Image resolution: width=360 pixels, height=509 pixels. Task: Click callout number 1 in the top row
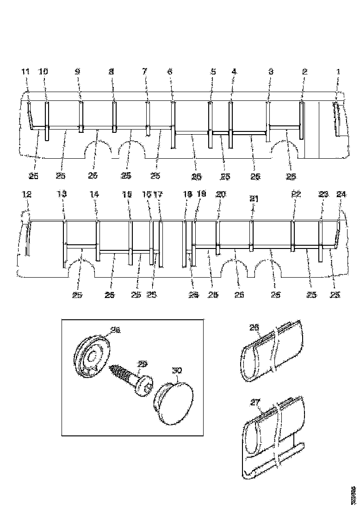pyautogui.click(x=338, y=72)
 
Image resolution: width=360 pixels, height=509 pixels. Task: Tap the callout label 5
pyautogui.click(x=213, y=72)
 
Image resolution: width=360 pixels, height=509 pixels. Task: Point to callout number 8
pyautogui.click(x=111, y=72)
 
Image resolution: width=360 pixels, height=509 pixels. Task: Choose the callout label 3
pyautogui.click(x=271, y=72)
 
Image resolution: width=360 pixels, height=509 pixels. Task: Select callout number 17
pyautogui.click(x=158, y=195)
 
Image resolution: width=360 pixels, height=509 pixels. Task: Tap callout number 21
pyautogui.click(x=253, y=199)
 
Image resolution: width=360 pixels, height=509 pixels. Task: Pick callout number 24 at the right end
pyautogui.click(x=341, y=195)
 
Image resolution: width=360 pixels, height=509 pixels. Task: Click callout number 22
pyautogui.click(x=296, y=195)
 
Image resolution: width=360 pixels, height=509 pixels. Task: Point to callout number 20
pyautogui.click(x=220, y=195)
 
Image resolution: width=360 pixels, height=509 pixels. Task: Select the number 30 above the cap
pyautogui.click(x=177, y=371)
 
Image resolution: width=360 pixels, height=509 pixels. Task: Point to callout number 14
pyautogui.click(x=94, y=195)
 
